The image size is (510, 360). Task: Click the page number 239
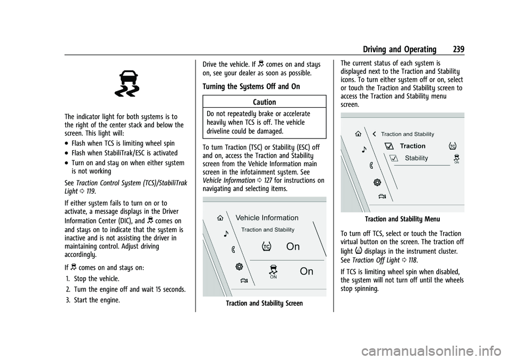click(456, 49)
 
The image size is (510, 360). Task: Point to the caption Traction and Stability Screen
click(264, 304)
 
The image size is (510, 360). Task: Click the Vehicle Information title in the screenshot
click(267, 218)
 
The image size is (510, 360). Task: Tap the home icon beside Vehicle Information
click(219, 217)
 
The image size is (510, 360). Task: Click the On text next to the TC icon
click(293, 246)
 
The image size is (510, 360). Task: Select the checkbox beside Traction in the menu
click(387, 146)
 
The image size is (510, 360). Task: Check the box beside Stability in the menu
click(394, 158)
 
